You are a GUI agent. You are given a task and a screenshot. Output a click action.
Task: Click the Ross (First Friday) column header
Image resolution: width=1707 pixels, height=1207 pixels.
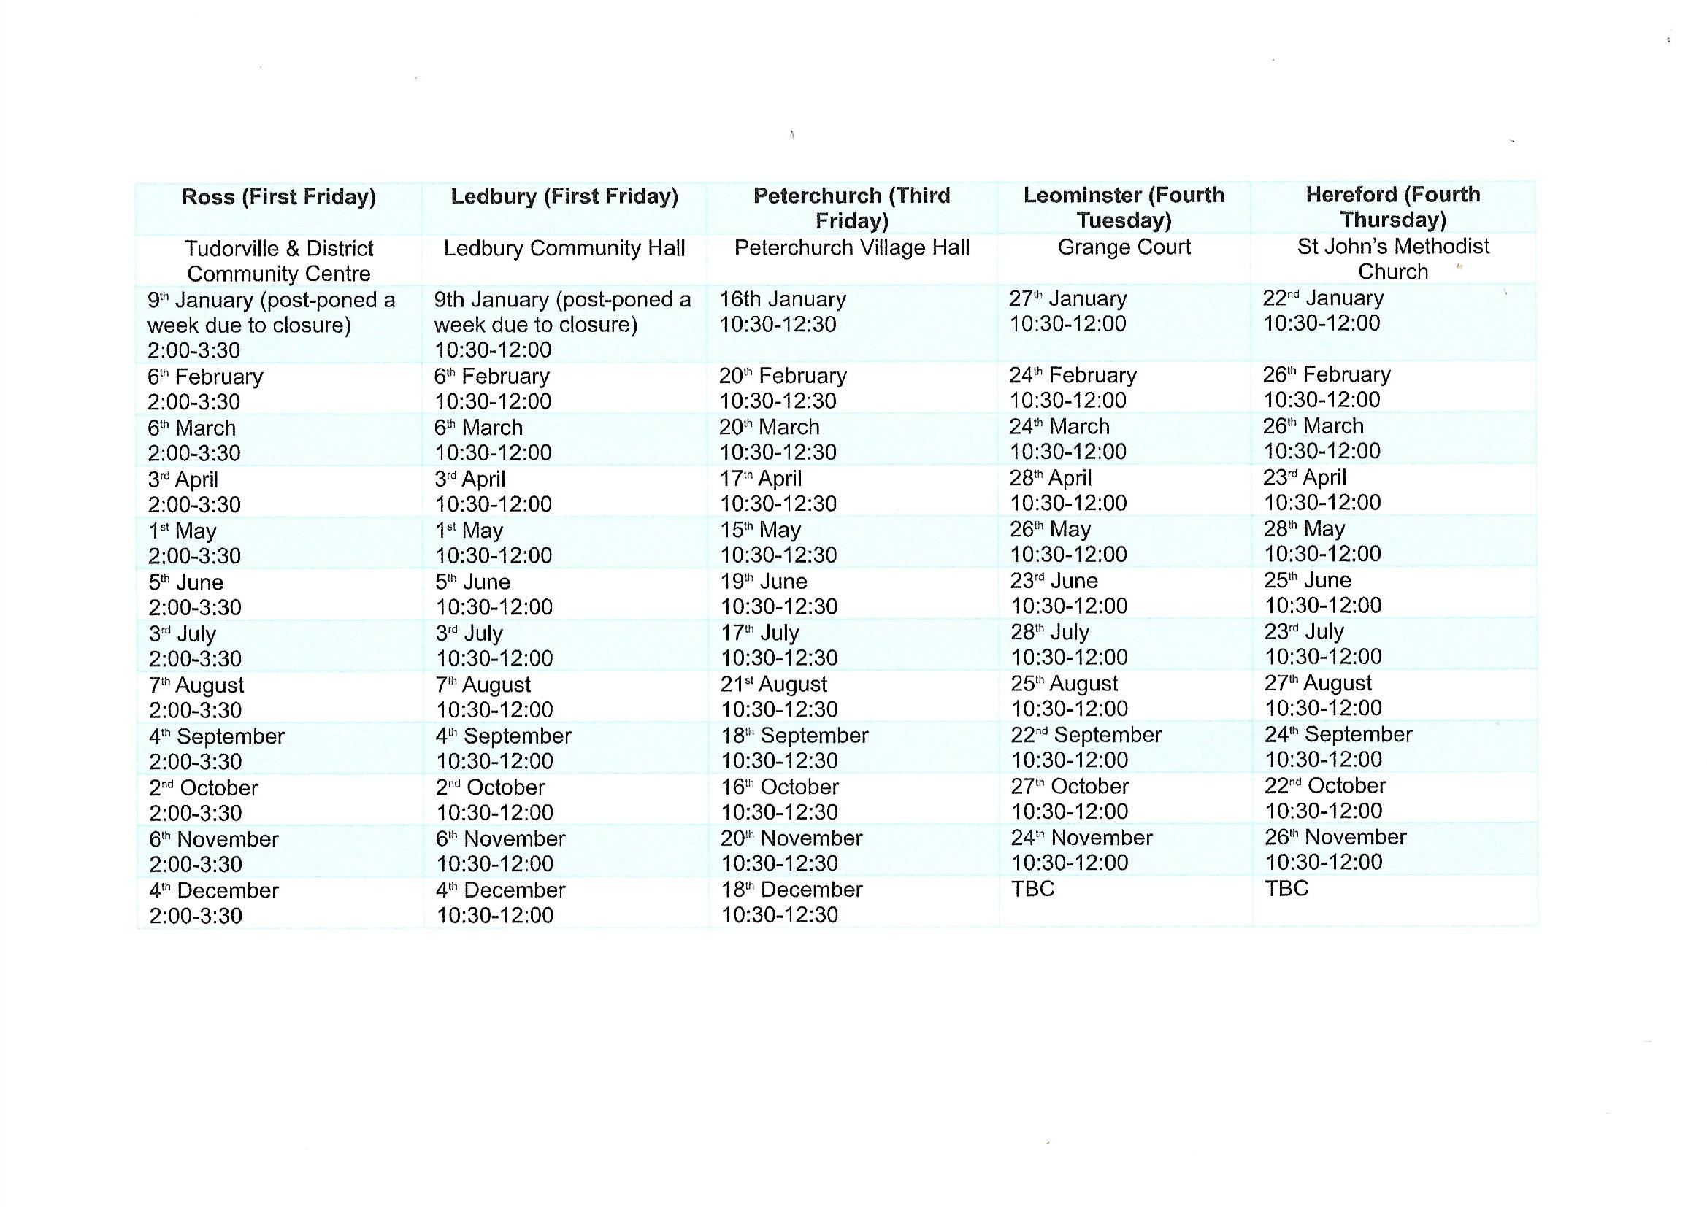pyautogui.click(x=279, y=197)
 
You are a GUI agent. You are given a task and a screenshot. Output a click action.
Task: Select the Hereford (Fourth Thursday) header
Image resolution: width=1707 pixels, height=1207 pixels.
pyautogui.click(x=1392, y=207)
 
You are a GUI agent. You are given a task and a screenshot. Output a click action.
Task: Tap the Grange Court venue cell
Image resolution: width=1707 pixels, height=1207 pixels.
pyautogui.click(x=1124, y=247)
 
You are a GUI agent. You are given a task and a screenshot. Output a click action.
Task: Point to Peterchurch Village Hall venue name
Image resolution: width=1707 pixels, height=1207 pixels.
pyautogui.click(x=851, y=247)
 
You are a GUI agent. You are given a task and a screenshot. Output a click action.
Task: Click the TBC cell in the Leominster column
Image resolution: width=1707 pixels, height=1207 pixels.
pyautogui.click(x=1032, y=889)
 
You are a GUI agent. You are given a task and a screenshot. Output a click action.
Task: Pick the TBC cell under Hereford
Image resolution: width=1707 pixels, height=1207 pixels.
pyautogui.click(x=1286, y=888)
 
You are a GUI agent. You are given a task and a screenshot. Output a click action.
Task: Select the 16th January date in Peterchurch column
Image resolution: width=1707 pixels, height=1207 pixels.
pyautogui.click(x=782, y=299)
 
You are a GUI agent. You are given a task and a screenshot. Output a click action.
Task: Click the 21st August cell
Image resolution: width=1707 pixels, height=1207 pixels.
pyautogui.click(x=773, y=685)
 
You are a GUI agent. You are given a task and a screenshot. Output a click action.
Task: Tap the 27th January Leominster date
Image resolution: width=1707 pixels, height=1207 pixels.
pyautogui.click(x=1067, y=298)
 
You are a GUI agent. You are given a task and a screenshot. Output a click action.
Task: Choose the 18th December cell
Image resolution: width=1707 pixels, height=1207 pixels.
pyautogui.click(x=791, y=890)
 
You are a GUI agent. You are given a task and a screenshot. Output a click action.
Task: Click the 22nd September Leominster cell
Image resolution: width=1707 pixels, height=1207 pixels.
pyautogui.click(x=1086, y=736)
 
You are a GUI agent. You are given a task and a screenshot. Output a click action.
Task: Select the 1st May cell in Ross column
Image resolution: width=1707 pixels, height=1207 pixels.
pyautogui.click(x=182, y=531)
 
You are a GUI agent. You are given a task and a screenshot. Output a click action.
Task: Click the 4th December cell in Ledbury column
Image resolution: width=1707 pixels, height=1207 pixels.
pyautogui.click(x=500, y=890)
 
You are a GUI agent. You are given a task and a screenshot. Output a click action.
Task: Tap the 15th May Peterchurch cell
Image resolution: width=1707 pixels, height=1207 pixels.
pyautogui.click(x=760, y=531)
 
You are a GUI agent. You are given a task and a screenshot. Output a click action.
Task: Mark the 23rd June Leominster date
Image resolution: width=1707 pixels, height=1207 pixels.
pyautogui.click(x=1054, y=581)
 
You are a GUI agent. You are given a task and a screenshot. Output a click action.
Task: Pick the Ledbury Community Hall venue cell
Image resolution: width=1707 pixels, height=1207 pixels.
pyautogui.click(x=564, y=248)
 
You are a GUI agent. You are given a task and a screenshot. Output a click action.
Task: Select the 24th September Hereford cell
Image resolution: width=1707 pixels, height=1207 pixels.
pyautogui.click(x=1338, y=735)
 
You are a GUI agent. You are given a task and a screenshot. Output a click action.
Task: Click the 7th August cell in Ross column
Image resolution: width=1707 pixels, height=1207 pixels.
pyautogui.click(x=196, y=685)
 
